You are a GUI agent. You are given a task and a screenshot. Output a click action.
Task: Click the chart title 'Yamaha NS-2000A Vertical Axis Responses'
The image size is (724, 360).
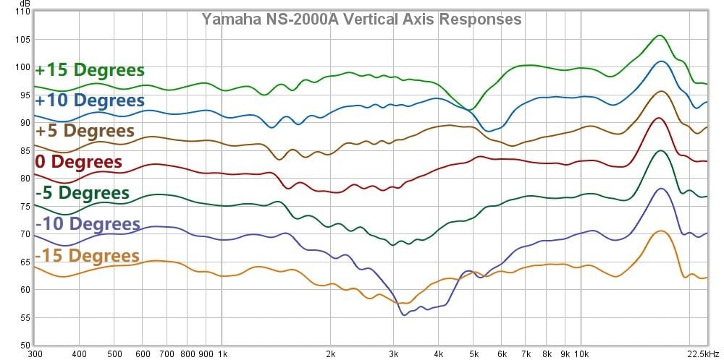pyautogui.click(x=361, y=20)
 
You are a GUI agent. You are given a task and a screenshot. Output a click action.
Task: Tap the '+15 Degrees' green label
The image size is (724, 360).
pyautogui.click(x=90, y=70)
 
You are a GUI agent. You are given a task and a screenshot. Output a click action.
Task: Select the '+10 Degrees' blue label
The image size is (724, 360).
pyautogui.click(x=90, y=100)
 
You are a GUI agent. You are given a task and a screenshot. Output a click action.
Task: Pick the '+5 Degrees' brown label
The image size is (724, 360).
pyautogui.click(x=85, y=131)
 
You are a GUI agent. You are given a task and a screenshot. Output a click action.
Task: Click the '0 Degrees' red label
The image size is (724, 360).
pyautogui.click(x=78, y=161)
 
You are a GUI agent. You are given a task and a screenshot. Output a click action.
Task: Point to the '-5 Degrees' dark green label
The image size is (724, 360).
pyautogui.click(x=82, y=193)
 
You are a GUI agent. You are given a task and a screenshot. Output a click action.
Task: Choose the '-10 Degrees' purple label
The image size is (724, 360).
pyautogui.click(x=87, y=223)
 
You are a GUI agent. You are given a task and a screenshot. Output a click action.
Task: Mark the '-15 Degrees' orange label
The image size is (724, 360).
pyautogui.click(x=87, y=256)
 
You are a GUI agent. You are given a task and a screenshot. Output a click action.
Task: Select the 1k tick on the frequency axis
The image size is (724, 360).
pyautogui.click(x=223, y=354)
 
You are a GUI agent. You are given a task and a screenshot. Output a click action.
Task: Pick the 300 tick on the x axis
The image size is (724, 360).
pyautogui.click(x=34, y=354)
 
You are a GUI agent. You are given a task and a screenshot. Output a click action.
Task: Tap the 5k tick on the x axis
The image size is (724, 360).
pyautogui.click(x=473, y=354)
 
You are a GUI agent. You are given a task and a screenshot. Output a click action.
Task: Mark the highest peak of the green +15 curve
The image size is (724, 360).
pyautogui.click(x=660, y=35)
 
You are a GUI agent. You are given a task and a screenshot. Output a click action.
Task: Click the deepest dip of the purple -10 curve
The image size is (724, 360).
pyautogui.click(x=404, y=314)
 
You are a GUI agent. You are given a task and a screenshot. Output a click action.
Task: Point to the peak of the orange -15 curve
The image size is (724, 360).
pyautogui.click(x=660, y=231)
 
